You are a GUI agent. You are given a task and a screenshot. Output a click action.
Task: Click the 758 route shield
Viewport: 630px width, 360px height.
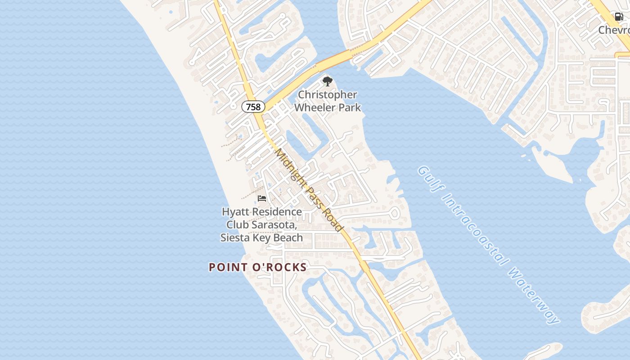(x=253, y=107)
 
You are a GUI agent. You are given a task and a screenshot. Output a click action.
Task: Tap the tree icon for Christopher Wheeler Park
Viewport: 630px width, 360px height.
(x=328, y=81)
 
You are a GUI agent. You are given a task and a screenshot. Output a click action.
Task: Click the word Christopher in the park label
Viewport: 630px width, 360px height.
(x=328, y=95)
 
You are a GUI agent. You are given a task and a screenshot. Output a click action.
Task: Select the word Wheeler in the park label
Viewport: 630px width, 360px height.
(x=315, y=108)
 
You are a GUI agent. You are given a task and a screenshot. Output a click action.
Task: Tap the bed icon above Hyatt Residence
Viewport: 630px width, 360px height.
(x=262, y=198)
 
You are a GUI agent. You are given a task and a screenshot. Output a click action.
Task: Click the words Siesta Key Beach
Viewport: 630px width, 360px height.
(x=261, y=237)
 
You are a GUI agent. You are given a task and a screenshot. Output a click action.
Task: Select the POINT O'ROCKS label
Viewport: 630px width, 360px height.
(x=258, y=267)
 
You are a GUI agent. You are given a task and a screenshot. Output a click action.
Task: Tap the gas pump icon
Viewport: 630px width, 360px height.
(x=619, y=17)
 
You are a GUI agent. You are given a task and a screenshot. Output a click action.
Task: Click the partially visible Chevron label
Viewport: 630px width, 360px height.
(x=614, y=30)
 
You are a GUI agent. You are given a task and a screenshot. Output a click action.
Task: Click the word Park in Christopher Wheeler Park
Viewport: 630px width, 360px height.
(x=351, y=108)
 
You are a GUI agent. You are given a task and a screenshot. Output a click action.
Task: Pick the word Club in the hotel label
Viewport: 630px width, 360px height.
(x=237, y=225)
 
